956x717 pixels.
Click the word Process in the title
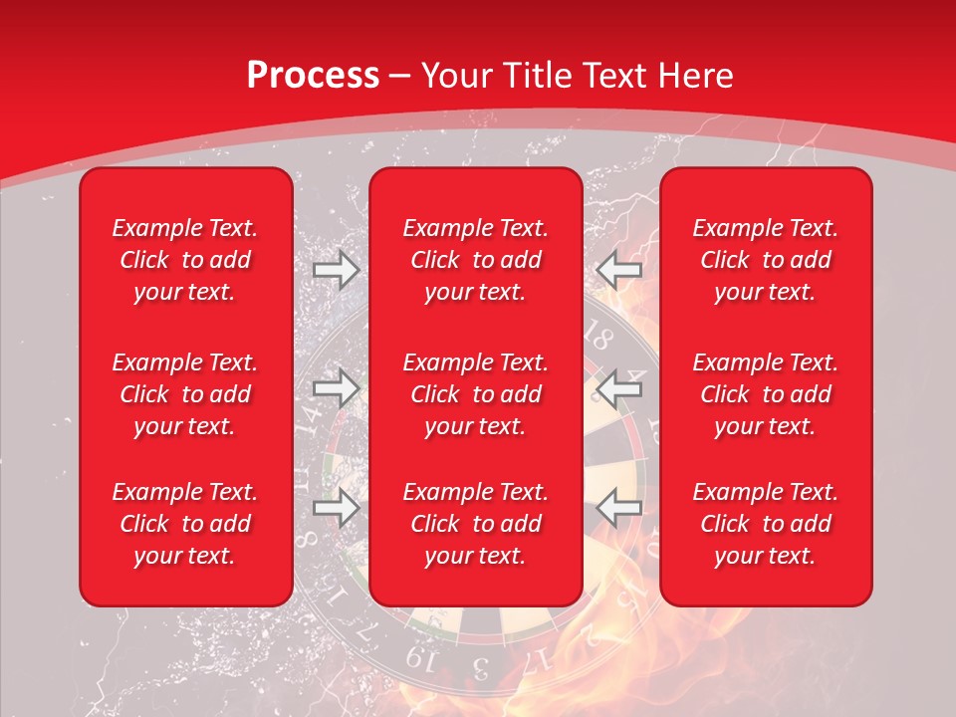tap(313, 76)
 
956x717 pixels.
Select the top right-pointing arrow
tap(337, 269)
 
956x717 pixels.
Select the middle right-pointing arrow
tap(337, 388)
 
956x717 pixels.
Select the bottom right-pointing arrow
tap(337, 508)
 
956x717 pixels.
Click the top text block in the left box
tap(185, 260)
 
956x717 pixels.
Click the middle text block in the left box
tap(185, 394)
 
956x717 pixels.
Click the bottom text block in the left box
tap(185, 524)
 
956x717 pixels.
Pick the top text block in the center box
tap(476, 260)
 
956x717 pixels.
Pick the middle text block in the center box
tap(476, 394)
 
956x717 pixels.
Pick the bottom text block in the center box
tap(476, 524)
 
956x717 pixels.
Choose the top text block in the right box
tap(766, 260)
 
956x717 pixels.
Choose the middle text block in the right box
tap(766, 394)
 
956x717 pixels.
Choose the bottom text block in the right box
tap(766, 524)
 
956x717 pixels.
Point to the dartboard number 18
tap(599, 337)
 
